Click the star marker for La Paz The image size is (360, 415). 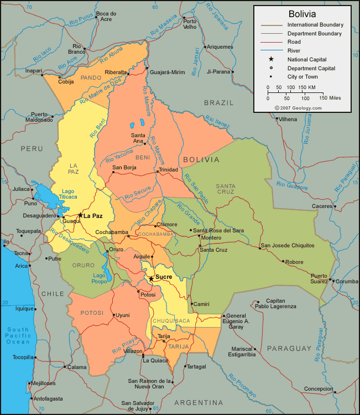click(80, 215)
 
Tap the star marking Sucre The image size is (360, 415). click(151, 278)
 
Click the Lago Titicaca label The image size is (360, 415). click(69, 194)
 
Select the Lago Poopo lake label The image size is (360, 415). click(100, 278)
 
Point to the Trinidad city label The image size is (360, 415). click(169, 169)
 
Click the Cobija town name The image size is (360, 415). click(66, 81)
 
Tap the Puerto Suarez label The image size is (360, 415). click(319, 278)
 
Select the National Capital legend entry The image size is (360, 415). click(307, 59)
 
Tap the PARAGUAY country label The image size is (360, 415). click(289, 348)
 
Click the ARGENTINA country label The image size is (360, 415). click(199, 402)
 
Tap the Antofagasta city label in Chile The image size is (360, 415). click(49, 398)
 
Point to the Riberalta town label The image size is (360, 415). click(116, 72)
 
